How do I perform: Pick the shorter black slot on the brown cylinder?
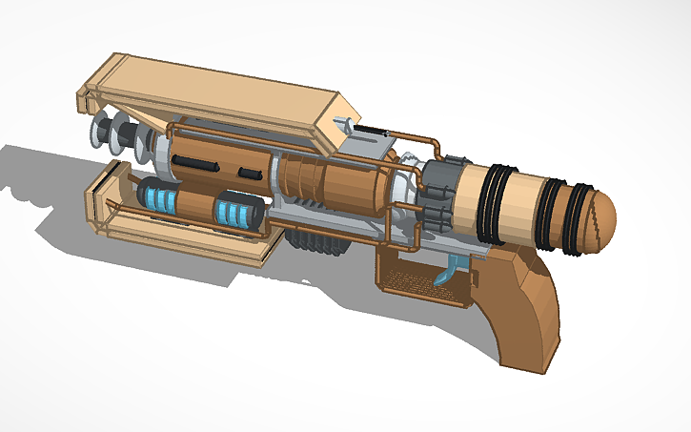click(x=250, y=173)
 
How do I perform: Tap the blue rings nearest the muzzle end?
click(x=158, y=198)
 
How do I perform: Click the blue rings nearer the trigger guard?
click(x=234, y=212)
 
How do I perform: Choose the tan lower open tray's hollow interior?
click(x=181, y=234)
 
